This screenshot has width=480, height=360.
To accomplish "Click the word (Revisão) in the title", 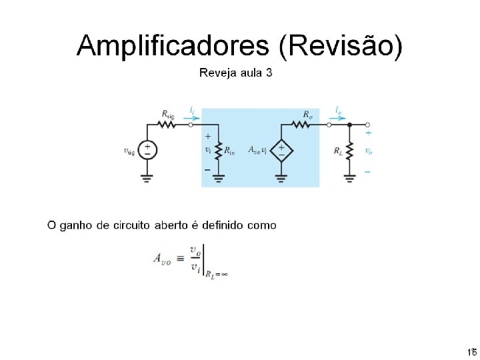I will pyautogui.click(x=341, y=47).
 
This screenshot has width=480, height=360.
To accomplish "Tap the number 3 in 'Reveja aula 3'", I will pyautogui.click(x=269, y=73).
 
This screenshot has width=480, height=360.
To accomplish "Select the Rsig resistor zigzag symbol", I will pyautogui.click(x=167, y=124).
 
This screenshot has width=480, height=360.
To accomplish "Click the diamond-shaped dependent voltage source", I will pyautogui.click(x=281, y=151).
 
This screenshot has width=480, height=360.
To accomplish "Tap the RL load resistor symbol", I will pyautogui.click(x=349, y=150).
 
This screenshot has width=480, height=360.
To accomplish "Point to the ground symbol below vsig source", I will pyautogui.click(x=147, y=178).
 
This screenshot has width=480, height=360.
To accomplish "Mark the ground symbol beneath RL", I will pyautogui.click(x=349, y=178).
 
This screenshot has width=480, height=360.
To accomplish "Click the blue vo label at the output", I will pyautogui.click(x=369, y=151).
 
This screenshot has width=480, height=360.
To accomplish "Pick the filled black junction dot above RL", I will pyautogui.click(x=349, y=124).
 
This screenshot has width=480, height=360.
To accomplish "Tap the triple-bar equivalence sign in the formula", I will pyautogui.click(x=179, y=257).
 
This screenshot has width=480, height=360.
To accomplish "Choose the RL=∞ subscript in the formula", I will pyautogui.click(x=217, y=273).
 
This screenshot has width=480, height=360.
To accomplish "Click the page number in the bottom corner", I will pyautogui.click(x=471, y=351).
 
